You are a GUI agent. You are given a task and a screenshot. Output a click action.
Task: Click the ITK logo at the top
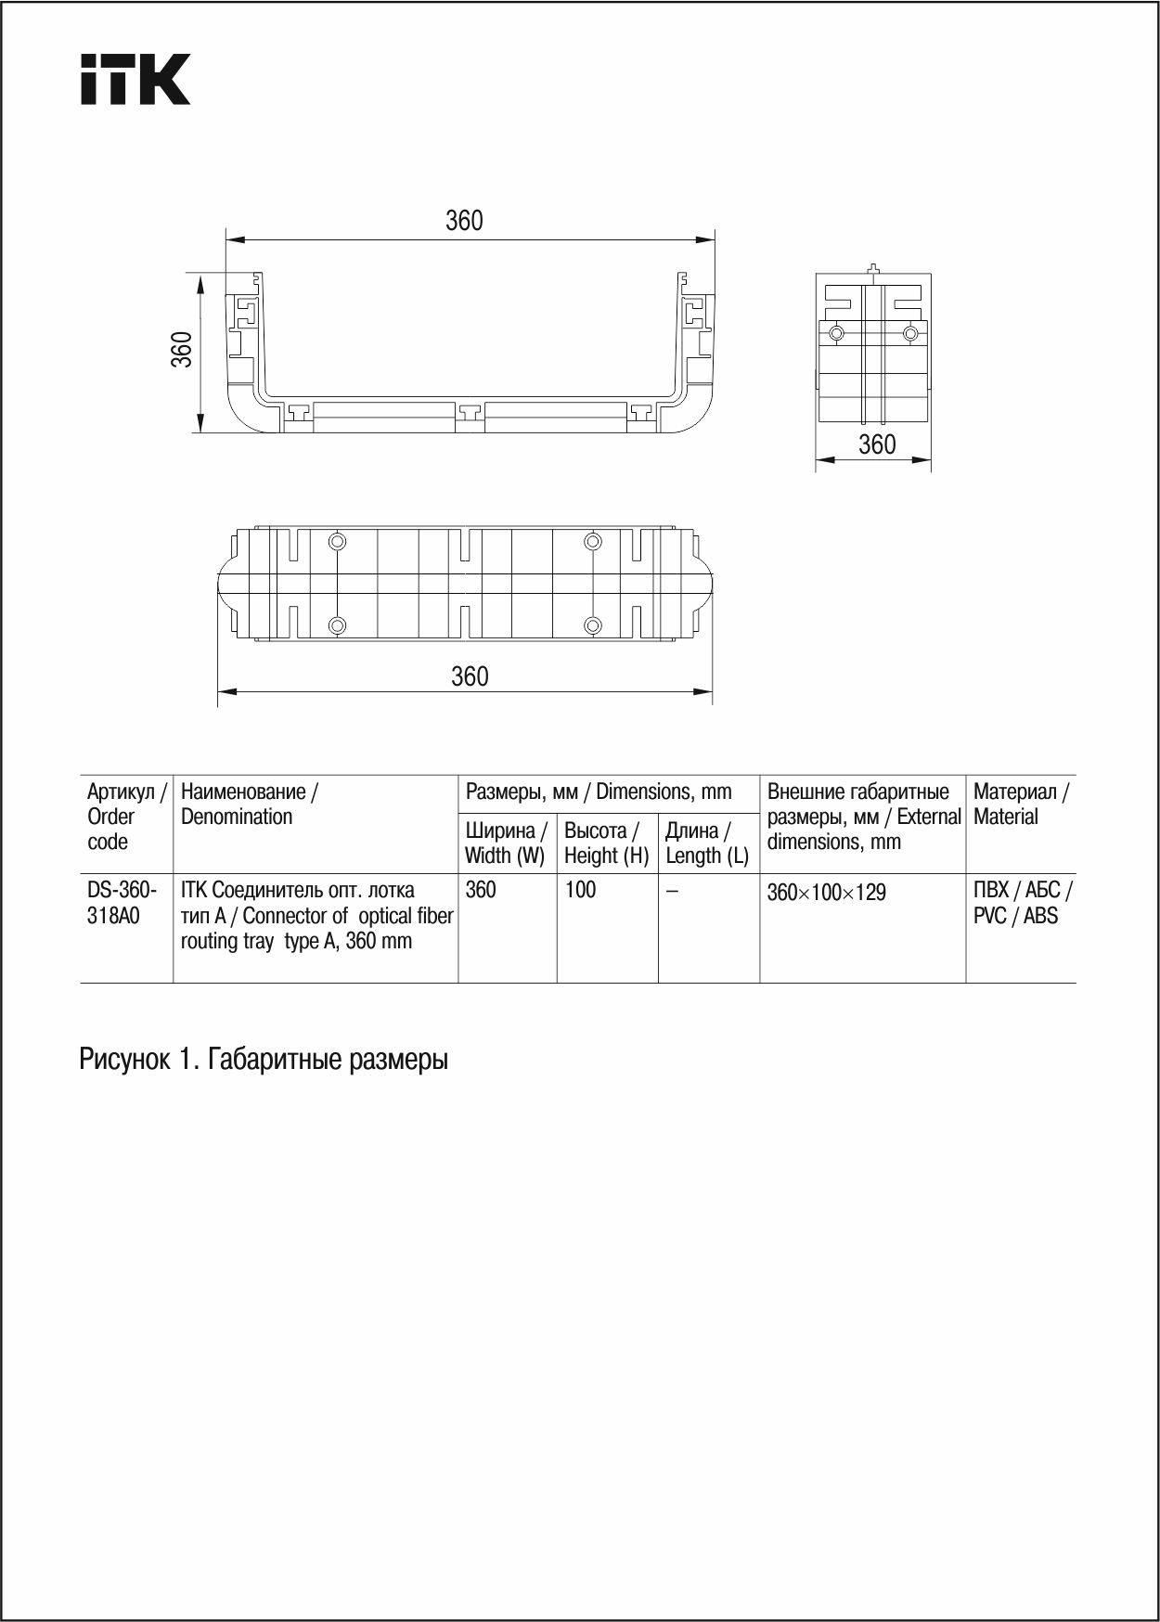point(135,79)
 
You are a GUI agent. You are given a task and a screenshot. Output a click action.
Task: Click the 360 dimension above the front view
point(464,221)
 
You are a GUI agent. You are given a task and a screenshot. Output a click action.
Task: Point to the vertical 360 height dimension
point(182,349)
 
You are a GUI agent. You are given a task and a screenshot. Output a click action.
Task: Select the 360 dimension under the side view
point(877,444)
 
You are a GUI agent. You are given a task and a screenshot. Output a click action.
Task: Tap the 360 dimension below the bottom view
point(470,676)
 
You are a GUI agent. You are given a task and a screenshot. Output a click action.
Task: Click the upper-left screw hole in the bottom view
point(338,541)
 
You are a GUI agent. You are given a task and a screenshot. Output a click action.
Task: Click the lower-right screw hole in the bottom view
point(593,625)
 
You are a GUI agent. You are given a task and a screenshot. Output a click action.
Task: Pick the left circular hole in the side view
point(837,333)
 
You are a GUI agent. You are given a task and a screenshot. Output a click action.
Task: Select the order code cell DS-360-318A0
point(122,903)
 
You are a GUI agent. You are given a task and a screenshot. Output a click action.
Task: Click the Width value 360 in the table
point(481,890)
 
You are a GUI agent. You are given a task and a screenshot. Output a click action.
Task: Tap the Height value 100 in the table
point(580,890)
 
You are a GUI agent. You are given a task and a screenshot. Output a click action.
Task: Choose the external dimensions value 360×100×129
point(826,893)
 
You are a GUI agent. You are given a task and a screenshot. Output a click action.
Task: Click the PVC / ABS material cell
point(1021,903)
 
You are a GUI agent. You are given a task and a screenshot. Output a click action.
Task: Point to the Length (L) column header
point(707,843)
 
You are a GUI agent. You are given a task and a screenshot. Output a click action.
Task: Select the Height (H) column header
point(606,843)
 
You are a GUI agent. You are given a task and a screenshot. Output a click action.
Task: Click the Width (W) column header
point(506,843)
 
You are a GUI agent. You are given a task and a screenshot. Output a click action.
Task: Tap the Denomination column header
point(249,805)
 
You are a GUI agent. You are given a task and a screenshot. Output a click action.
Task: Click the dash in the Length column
point(672,891)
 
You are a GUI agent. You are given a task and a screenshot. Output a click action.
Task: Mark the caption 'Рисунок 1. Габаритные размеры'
point(264,1059)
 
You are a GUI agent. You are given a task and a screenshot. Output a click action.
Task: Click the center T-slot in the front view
point(470,411)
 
